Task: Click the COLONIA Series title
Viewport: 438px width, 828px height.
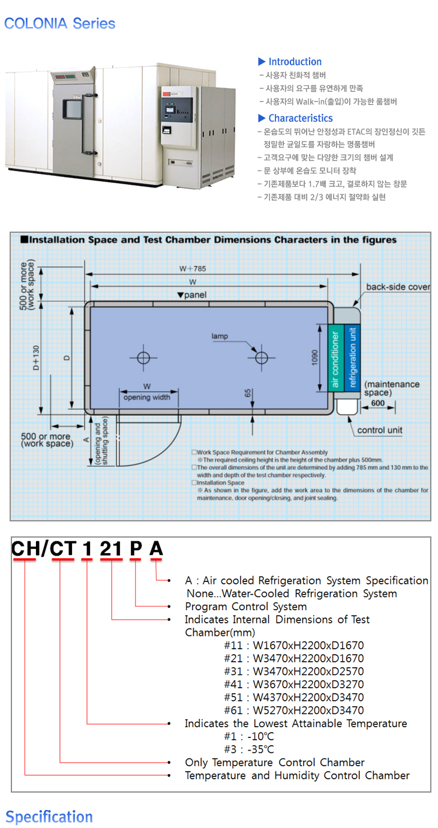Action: point(59,23)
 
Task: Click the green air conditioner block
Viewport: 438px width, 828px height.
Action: point(335,358)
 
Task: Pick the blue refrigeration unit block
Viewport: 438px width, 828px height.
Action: point(352,358)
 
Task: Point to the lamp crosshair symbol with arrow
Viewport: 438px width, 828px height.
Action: point(262,358)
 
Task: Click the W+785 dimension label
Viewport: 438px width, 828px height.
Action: point(193,269)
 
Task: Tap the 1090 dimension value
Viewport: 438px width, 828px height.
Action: point(314,358)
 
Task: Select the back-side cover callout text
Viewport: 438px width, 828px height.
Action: point(398,287)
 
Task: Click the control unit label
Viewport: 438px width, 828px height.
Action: point(380,430)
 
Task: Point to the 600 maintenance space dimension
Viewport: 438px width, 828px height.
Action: point(378,403)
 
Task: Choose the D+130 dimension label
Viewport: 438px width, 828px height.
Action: point(36,358)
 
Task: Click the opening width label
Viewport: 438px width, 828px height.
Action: point(147,397)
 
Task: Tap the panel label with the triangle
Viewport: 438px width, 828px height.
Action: point(192,295)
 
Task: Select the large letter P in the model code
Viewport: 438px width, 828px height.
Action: point(136,548)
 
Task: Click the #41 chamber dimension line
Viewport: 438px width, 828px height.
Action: point(294,684)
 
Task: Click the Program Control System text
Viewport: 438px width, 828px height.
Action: point(246,606)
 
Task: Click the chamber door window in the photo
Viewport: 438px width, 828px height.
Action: point(73,109)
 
